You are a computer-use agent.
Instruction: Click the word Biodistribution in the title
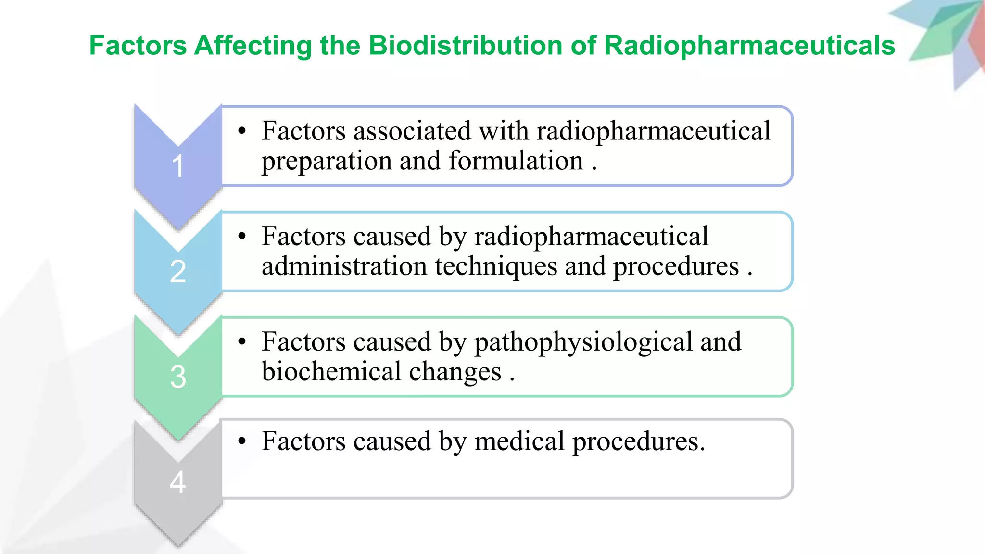466,46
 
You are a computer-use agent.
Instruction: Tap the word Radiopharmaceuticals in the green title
749,46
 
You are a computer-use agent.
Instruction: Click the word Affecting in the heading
253,46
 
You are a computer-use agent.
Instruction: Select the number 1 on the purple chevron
177,166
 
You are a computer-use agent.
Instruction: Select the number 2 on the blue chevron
177,272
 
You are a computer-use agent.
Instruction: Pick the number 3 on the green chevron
177,377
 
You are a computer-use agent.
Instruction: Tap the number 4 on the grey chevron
177,482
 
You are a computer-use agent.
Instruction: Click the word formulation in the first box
516,161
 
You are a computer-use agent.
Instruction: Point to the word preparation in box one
327,162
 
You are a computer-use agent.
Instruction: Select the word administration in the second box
344,266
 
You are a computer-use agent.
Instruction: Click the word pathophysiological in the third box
583,342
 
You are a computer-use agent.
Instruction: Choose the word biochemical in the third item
331,371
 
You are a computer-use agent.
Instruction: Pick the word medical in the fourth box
519,441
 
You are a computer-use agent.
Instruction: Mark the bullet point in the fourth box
242,441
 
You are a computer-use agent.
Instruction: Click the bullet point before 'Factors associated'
242,131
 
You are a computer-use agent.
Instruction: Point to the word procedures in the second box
676,267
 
